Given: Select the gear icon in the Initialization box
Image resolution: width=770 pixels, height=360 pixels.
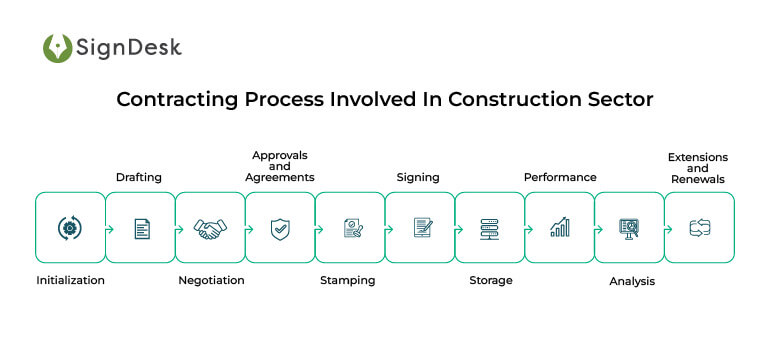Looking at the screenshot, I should click(70, 228).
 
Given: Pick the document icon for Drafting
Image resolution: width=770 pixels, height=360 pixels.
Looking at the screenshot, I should click(142, 229).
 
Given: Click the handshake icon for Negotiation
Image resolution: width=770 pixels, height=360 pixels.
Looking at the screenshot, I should click(210, 229).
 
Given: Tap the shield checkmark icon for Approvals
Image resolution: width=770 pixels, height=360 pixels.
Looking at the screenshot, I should click(280, 229).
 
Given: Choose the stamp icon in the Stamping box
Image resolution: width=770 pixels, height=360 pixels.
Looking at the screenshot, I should click(351, 229).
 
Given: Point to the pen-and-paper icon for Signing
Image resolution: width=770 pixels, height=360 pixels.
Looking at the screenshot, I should click(422, 228).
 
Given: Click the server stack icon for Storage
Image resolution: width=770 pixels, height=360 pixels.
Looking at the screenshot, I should click(490, 229).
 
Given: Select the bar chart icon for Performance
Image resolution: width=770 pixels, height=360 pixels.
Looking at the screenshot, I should click(560, 228).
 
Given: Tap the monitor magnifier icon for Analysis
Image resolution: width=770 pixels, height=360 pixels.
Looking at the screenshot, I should click(630, 228).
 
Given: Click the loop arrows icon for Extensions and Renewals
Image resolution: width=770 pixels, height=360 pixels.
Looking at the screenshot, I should click(699, 229).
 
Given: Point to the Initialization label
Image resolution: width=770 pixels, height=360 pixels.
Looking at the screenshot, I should click(70, 281).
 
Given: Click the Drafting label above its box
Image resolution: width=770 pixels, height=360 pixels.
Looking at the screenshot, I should click(138, 177).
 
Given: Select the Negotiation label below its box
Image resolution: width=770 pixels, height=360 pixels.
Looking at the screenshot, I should click(211, 281).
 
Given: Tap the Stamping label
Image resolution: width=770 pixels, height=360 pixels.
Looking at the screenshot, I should click(347, 281).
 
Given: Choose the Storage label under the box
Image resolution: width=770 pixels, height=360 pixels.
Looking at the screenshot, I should click(490, 281).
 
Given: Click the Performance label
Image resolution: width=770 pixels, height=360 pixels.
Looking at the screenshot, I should click(560, 177).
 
